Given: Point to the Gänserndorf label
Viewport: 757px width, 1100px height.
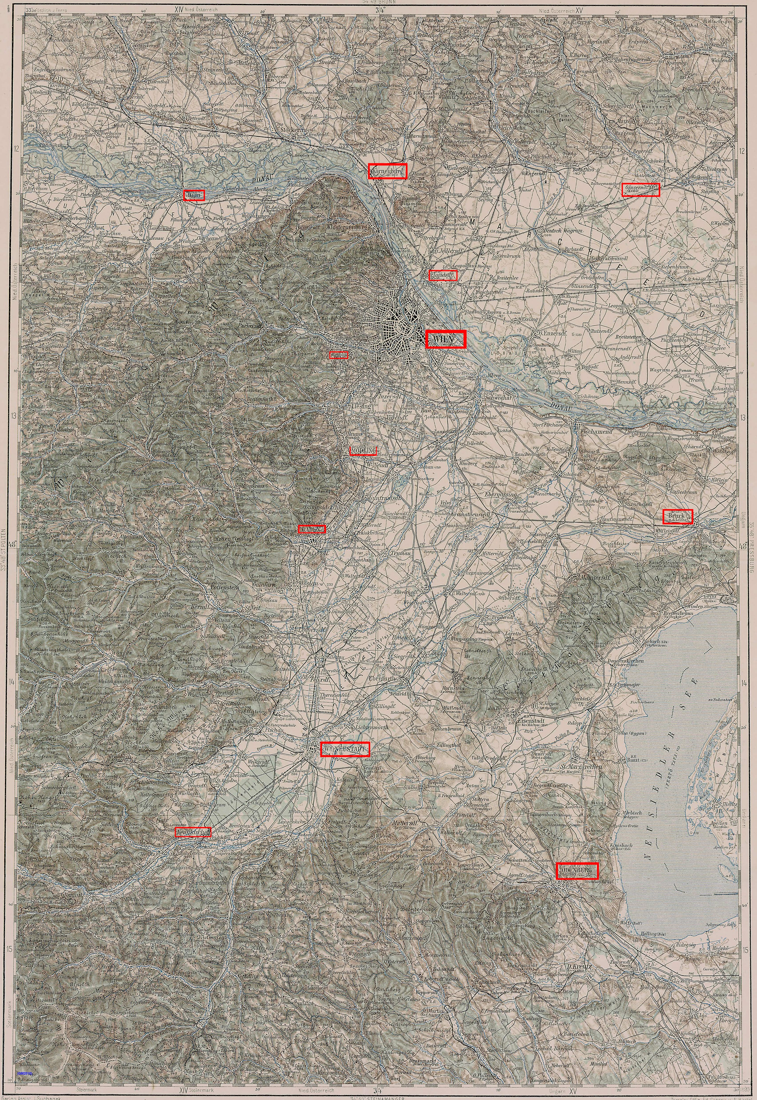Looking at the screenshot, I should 640,189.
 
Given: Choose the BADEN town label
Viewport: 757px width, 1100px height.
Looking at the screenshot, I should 312,529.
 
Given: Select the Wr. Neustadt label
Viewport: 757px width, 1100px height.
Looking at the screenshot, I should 344,748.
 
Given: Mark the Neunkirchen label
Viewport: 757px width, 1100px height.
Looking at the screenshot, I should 193,832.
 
